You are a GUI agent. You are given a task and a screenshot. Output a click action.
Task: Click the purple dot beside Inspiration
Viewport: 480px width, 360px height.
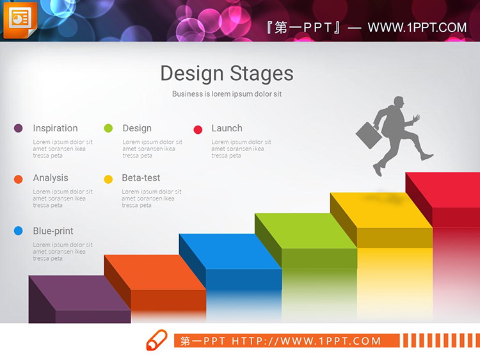point(18,128)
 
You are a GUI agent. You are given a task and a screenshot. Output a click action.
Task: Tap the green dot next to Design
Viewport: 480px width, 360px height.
point(108,128)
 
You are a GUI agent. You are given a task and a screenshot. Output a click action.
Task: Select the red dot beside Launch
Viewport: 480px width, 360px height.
point(198,129)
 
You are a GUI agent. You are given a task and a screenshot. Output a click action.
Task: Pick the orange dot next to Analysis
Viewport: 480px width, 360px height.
point(18,179)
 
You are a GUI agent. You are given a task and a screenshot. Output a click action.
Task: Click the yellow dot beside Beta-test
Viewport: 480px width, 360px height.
point(108,179)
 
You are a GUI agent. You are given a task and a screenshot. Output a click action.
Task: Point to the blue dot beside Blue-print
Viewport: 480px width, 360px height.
point(18,231)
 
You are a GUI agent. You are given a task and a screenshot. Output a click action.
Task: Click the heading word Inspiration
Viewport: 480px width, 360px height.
point(56,128)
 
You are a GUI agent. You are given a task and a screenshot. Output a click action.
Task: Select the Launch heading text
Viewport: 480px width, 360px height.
point(227,128)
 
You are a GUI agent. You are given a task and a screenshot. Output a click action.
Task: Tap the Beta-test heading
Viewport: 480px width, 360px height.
point(141,177)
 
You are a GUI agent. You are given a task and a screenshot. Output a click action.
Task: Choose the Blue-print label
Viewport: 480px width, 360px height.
point(53,231)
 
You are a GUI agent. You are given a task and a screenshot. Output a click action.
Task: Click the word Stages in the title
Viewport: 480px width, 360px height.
point(261,74)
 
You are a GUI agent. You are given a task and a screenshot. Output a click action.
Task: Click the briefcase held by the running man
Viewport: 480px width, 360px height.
point(369,136)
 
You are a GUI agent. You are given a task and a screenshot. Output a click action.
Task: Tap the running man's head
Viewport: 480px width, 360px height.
point(399,101)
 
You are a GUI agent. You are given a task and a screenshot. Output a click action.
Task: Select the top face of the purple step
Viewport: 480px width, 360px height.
point(79,293)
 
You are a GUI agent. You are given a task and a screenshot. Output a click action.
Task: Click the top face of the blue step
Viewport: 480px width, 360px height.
point(230,251)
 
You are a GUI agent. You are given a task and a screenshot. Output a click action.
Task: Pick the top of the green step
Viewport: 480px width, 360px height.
point(306,231)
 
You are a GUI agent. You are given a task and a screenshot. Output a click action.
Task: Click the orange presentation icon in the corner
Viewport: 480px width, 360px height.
point(20,20)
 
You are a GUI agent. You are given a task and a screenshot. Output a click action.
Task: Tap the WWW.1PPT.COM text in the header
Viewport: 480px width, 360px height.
point(417,28)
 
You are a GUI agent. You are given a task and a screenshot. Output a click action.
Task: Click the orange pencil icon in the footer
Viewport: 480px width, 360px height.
point(157,340)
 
